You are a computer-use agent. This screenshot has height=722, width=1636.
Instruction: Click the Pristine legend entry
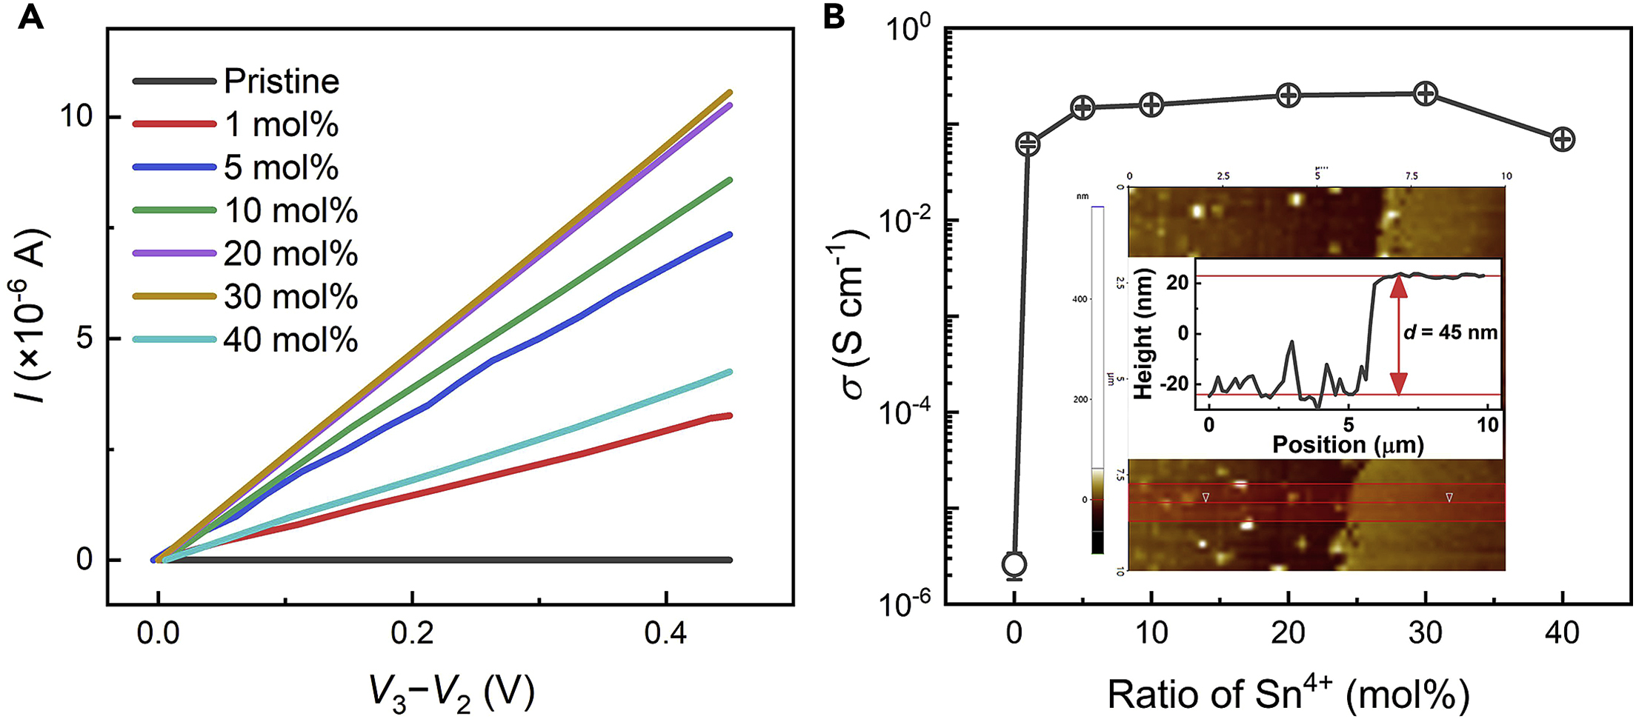(x=281, y=81)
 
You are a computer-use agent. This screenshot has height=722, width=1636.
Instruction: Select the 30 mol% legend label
(x=290, y=297)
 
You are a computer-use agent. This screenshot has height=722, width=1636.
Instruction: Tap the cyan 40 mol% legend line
(x=175, y=340)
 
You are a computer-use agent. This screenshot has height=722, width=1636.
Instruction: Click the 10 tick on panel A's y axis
(x=76, y=116)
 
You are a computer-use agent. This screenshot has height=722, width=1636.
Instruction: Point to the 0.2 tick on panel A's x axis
(x=412, y=634)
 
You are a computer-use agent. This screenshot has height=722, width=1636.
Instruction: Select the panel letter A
(x=30, y=16)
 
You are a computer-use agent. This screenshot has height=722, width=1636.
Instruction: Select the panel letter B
(x=834, y=16)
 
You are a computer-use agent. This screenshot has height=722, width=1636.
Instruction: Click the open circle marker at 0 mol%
(x=1014, y=564)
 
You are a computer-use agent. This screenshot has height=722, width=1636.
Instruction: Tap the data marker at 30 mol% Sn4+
(x=1426, y=93)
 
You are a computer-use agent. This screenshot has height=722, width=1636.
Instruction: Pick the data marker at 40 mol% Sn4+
(x=1563, y=139)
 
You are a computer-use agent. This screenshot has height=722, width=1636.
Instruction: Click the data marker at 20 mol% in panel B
(x=1288, y=95)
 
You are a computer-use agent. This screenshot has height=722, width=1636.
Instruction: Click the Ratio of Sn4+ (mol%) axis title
(x=1288, y=694)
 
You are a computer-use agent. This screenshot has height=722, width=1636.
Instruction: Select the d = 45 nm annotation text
(x=1451, y=332)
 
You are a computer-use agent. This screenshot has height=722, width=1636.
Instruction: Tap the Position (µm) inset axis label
(x=1348, y=444)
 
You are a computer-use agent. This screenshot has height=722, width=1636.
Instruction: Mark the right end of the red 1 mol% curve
(x=730, y=415)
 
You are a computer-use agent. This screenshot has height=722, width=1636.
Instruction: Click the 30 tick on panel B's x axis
(x=1426, y=634)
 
